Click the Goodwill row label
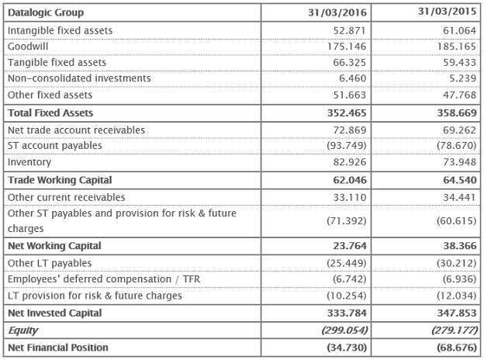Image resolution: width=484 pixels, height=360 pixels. [x=28, y=46]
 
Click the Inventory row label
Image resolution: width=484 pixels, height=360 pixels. [x=29, y=162]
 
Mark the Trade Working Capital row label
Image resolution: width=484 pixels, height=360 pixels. [x=60, y=180]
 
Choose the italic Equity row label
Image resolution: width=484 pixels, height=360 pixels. [x=22, y=330]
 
